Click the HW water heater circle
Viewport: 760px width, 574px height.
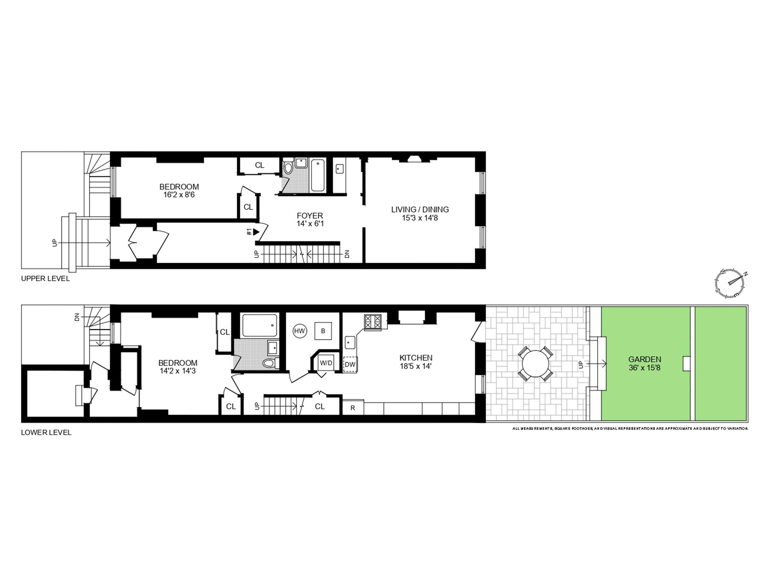tap(300, 331)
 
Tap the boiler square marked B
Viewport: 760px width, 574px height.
tap(323, 331)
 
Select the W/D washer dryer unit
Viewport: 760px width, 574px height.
tap(326, 363)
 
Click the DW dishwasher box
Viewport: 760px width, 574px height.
tap(350, 365)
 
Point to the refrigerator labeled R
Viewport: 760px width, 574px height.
tap(353, 408)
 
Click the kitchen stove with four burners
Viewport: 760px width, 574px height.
tap(372, 322)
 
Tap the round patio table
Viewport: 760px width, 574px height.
tap(536, 364)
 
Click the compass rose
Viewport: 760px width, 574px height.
tap(730, 283)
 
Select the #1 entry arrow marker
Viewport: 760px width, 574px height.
tap(256, 232)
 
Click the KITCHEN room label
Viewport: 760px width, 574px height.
tap(416, 358)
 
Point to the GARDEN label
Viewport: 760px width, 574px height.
tap(644, 359)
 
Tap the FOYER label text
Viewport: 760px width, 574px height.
tap(310, 216)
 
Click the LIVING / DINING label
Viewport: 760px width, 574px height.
tap(420, 209)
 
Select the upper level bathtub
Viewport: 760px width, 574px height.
tap(318, 175)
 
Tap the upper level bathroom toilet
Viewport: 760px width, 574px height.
tap(288, 168)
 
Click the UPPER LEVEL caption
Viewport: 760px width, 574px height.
tap(45, 279)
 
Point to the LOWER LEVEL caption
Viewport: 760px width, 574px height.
tap(46, 433)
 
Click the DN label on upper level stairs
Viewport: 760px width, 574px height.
tap(347, 254)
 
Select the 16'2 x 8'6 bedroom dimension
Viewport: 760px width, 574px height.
tap(179, 195)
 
